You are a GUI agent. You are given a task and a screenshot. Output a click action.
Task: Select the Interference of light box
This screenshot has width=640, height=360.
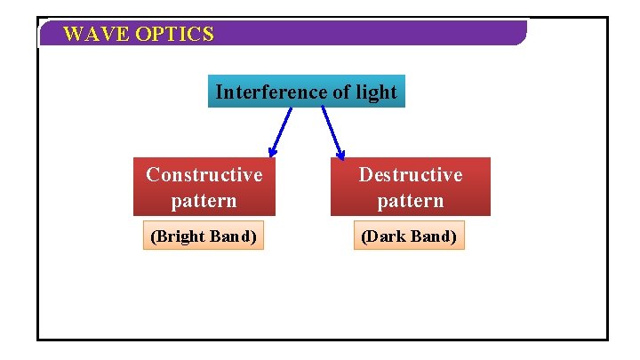click(306, 92)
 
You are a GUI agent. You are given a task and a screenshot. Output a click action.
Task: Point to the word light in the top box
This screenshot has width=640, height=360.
click(376, 92)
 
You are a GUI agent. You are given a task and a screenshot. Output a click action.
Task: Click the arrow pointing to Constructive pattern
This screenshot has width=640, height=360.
click(281, 132)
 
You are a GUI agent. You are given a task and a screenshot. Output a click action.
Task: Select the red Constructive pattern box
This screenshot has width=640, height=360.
click(204, 187)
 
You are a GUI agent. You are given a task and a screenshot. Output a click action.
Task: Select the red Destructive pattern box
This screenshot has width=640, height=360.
click(410, 187)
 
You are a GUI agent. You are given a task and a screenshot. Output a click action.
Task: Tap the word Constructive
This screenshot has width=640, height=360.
click(204, 174)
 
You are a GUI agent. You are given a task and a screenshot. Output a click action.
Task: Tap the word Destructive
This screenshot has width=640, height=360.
click(410, 174)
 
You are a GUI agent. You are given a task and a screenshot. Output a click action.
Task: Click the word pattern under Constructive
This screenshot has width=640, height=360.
click(204, 201)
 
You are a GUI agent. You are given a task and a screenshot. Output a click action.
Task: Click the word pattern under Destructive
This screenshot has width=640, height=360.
click(410, 201)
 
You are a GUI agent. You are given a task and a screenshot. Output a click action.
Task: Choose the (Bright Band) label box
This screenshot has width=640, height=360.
click(204, 236)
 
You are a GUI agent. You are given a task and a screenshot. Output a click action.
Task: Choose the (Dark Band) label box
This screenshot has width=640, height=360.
click(410, 236)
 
